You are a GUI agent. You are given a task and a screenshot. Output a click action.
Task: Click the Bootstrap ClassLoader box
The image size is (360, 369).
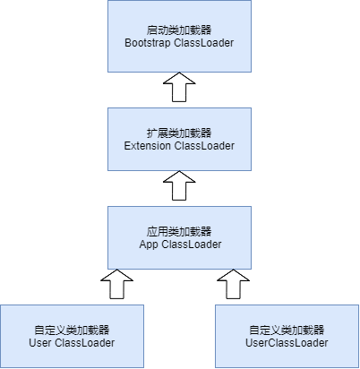tap(179, 36)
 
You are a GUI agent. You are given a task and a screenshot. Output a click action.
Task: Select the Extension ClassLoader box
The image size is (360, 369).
tap(179, 139)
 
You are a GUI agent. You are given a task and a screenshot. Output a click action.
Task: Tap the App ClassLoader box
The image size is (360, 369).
tap(179, 237)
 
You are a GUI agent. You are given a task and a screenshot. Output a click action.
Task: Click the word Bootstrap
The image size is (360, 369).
tap(148, 43)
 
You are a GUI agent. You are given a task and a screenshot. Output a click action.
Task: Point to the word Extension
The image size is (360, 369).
tap(148, 146)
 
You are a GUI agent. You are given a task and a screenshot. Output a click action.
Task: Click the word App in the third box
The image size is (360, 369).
tap(149, 245)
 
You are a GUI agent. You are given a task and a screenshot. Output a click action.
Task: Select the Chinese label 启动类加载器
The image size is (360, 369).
tap(179, 30)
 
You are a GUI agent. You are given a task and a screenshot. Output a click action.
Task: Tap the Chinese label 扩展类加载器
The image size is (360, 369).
tap(179, 133)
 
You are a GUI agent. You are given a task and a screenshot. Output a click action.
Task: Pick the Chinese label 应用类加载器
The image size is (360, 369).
tap(179, 232)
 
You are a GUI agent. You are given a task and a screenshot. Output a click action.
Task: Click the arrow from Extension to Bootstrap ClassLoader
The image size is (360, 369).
tap(179, 87)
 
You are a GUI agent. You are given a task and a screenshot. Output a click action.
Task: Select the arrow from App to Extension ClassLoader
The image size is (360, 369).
tap(179, 185)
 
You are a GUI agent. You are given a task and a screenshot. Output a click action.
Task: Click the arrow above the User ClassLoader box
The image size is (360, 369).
tap(116, 284)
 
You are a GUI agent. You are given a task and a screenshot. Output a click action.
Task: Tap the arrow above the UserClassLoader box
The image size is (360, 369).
tap(233, 284)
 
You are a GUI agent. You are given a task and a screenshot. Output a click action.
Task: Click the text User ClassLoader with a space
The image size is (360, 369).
tap(72, 343)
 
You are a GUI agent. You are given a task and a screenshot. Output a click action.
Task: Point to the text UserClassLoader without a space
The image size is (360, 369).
tap(287, 343)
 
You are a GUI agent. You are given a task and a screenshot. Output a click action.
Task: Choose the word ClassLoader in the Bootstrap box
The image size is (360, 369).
tap(204, 43)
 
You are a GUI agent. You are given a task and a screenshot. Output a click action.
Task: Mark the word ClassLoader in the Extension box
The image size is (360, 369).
tap(204, 146)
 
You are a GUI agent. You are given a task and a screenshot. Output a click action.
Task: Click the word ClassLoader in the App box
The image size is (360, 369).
tap(192, 245)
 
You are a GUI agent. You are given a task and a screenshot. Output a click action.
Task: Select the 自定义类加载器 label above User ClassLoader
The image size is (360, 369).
tap(72, 330)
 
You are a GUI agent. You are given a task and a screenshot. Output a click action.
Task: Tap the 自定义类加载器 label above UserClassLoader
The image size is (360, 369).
tap(287, 330)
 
